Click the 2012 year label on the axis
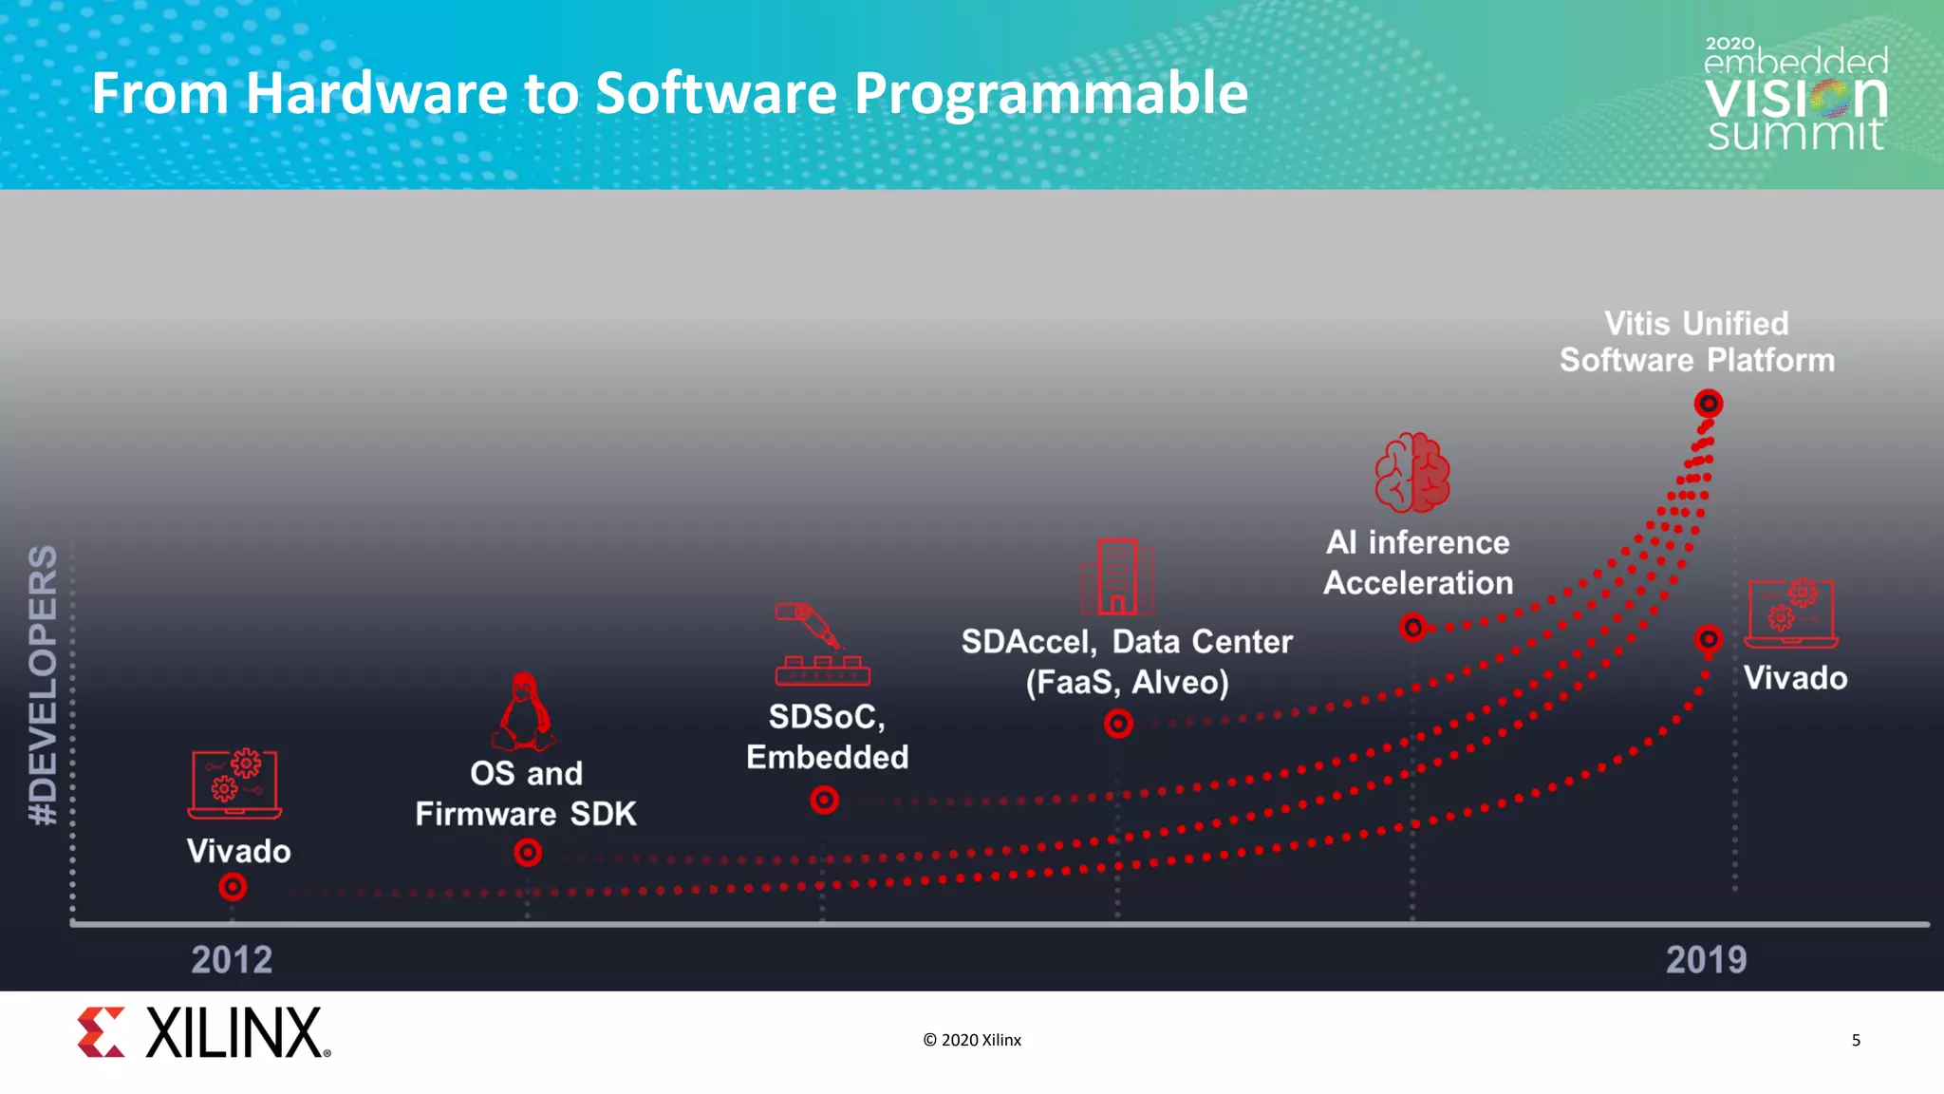pyautogui.click(x=232, y=959)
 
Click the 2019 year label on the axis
pyautogui.click(x=1706, y=959)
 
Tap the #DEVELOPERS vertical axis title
pyautogui.click(x=44, y=685)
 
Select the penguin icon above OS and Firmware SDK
pyautogui.click(x=523, y=712)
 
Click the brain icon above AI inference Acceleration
pyautogui.click(x=1412, y=473)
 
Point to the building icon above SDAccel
pyautogui.click(x=1117, y=576)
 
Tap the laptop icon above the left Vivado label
pyautogui.click(x=234, y=783)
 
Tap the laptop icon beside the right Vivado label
pyautogui.click(x=1791, y=613)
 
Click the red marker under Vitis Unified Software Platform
pyautogui.click(x=1708, y=404)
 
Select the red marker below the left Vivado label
pyautogui.click(x=233, y=887)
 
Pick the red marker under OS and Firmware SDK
pyautogui.click(x=528, y=853)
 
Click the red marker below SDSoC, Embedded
pyautogui.click(x=824, y=800)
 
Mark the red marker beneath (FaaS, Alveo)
pyautogui.click(x=1118, y=724)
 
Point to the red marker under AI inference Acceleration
pyautogui.click(x=1413, y=628)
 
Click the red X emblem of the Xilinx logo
pyautogui.click(x=101, y=1032)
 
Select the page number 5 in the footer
pyautogui.click(x=1856, y=1040)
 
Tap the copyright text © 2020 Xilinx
pyautogui.click(x=972, y=1040)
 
